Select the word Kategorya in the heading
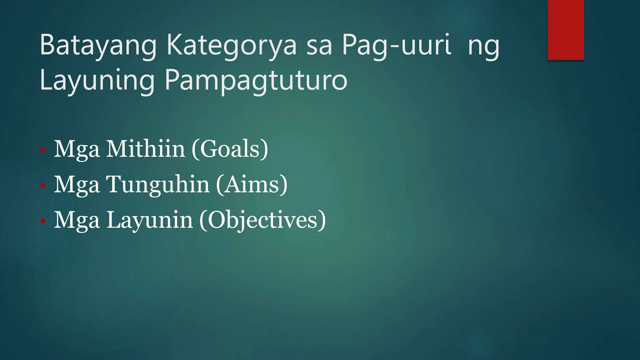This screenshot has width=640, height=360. [231, 46]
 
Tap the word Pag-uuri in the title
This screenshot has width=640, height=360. [396, 46]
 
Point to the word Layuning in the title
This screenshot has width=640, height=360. [97, 81]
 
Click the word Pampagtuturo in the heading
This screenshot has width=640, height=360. [256, 81]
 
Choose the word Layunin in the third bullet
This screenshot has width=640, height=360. [150, 220]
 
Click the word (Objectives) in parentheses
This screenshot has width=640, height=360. [262, 220]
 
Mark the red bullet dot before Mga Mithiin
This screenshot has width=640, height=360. [43, 150]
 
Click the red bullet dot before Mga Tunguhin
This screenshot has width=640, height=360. [43, 186]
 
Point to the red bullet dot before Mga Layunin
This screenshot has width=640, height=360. [43, 222]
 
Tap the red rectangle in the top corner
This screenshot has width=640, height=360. [566, 30]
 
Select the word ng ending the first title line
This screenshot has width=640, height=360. [483, 46]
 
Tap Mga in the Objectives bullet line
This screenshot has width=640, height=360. [77, 220]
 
